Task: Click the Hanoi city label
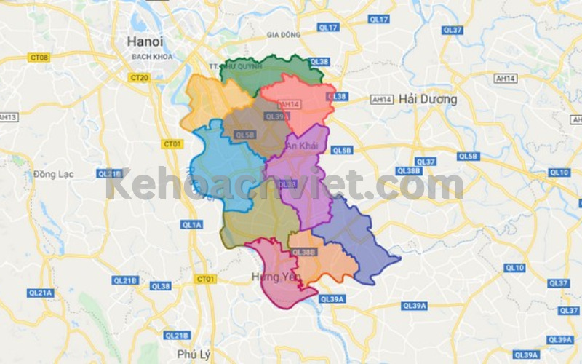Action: [x=144, y=41]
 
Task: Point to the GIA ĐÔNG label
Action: [x=283, y=34]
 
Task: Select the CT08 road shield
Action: [x=39, y=57]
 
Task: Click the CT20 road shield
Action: [x=138, y=76]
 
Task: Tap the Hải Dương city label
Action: [x=428, y=99]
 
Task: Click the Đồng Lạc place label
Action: [x=49, y=175]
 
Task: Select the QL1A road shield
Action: [x=191, y=225]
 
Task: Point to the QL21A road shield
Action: [x=41, y=292]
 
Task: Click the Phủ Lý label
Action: [x=193, y=355]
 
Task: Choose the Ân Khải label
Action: [x=301, y=146]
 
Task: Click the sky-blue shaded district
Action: [x=218, y=164]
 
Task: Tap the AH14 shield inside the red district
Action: [x=290, y=104]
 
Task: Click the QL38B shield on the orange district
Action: [x=304, y=252]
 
